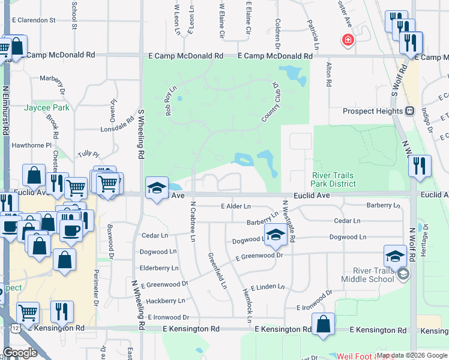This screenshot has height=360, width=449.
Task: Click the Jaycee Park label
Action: [47, 108]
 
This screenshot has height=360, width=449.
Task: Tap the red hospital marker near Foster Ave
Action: [348, 41]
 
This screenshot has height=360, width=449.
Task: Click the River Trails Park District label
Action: [333, 179]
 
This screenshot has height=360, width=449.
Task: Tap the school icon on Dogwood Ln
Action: [276, 235]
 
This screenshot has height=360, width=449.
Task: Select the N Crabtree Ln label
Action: [193, 221]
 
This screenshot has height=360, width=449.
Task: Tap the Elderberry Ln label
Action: [158, 268]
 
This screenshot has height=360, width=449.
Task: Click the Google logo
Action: [20, 353]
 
